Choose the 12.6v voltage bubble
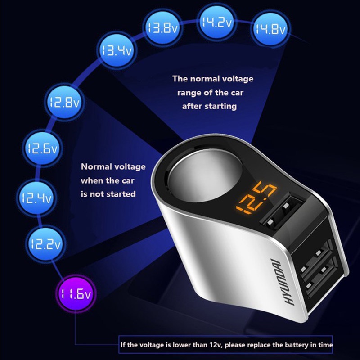coord(41,149)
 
